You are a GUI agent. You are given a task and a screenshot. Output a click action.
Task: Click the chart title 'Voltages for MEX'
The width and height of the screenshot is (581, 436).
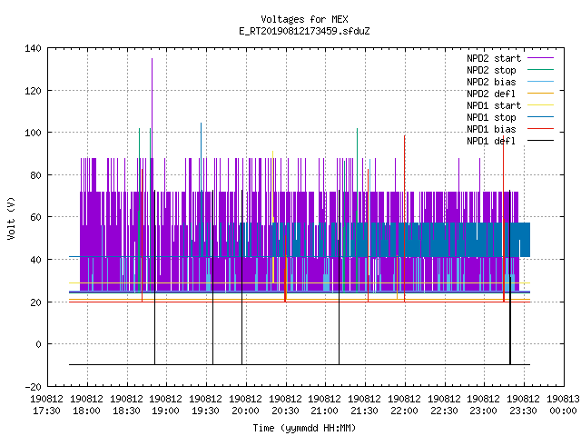(304, 19)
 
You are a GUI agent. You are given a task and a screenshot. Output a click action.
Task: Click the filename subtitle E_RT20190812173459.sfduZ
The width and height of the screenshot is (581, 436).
(304, 31)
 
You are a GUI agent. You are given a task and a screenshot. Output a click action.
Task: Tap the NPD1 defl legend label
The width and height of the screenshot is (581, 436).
(491, 141)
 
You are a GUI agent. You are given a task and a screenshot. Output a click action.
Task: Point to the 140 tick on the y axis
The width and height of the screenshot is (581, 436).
(33, 48)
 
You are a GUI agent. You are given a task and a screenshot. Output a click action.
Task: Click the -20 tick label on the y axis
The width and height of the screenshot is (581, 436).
(33, 387)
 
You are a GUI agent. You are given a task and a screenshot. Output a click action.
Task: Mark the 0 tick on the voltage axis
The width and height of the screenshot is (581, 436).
(38, 344)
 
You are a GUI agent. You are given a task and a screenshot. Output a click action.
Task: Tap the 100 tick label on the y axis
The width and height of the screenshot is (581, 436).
(33, 133)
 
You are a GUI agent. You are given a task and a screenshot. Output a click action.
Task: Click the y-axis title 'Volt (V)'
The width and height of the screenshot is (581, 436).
(11, 218)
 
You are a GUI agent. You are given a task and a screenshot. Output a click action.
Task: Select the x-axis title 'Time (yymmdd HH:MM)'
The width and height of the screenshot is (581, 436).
(304, 428)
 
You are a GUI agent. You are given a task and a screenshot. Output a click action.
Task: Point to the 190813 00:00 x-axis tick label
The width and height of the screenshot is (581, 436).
(563, 405)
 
